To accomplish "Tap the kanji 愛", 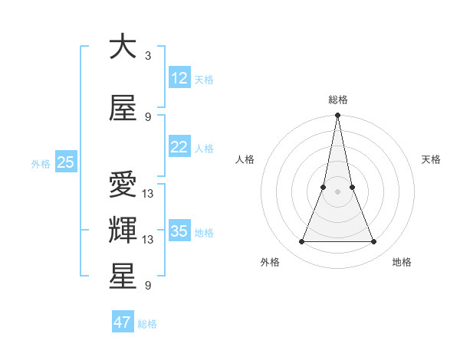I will click(123, 186).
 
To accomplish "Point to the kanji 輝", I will click(123, 229).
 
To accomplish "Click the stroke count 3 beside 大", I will click(147, 55).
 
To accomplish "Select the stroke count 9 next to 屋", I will click(147, 117).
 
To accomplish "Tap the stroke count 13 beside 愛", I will click(149, 194).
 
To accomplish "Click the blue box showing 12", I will click(179, 78).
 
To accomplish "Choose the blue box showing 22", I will click(179, 147).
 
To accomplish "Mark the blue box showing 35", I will click(179, 231).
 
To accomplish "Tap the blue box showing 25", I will click(65, 162).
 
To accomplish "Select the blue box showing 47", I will click(123, 322).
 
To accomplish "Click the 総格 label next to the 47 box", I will click(147, 324).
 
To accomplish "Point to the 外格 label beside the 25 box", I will click(41, 163).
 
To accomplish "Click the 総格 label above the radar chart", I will click(337, 100).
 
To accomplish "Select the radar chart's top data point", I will click(337, 116).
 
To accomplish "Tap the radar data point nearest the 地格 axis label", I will click(373, 242).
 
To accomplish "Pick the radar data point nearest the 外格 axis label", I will click(301, 242).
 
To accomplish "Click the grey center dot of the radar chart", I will click(337, 191).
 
